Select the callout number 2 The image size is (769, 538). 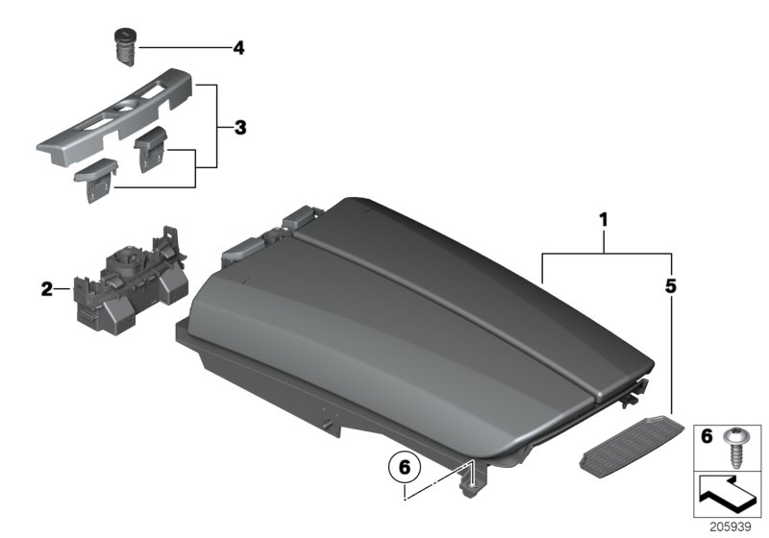(x=45, y=287)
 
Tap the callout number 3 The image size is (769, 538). (x=241, y=127)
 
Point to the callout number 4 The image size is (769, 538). (x=237, y=45)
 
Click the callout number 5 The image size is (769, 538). (x=670, y=285)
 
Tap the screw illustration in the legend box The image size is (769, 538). (x=736, y=444)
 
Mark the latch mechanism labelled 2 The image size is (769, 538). (x=127, y=279)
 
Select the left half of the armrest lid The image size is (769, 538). (x=356, y=346)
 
